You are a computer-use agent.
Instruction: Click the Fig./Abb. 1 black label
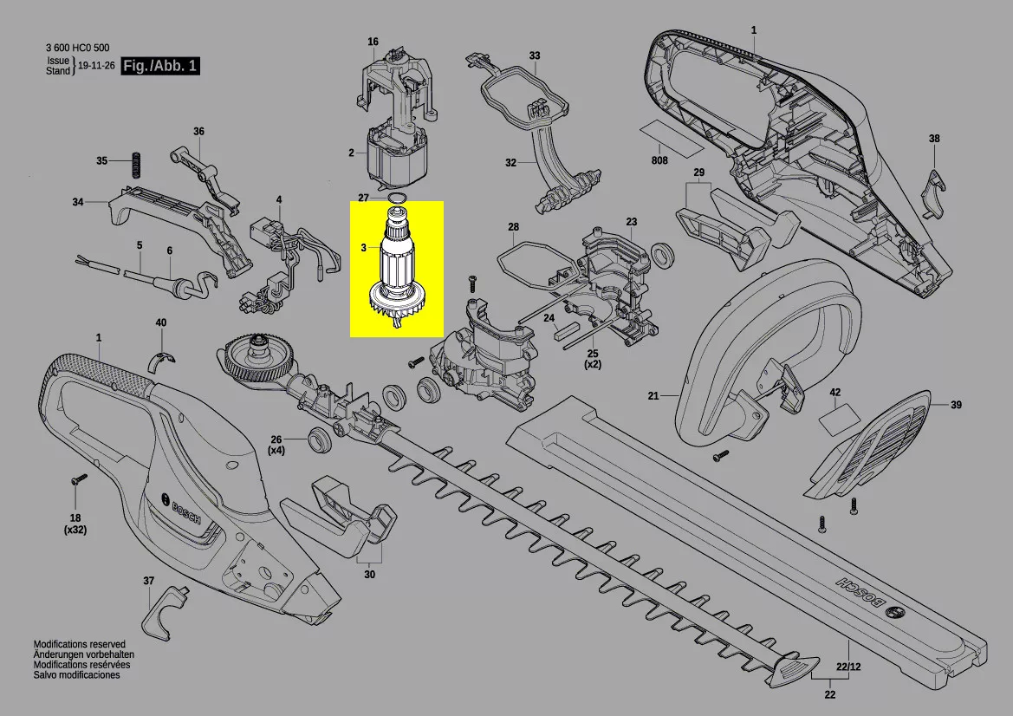click(160, 66)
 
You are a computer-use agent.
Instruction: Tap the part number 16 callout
click(373, 42)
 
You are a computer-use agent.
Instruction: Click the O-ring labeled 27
click(398, 197)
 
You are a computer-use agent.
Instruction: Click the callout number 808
click(659, 160)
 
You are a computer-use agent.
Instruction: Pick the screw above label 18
click(78, 479)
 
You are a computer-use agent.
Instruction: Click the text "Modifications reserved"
click(80, 644)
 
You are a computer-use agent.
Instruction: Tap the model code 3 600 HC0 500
click(77, 48)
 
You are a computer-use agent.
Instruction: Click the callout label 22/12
click(848, 667)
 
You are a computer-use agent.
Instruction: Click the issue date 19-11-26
click(96, 65)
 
